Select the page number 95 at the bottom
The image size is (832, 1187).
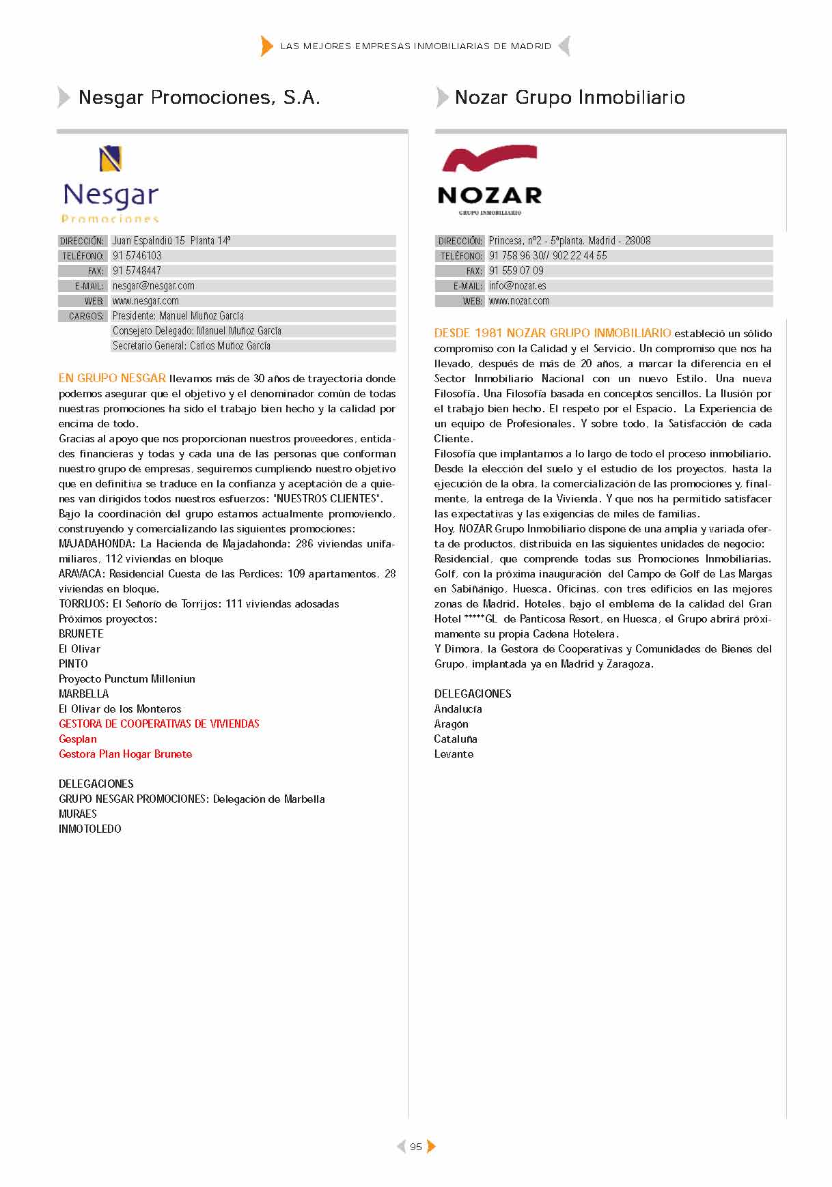(x=416, y=1147)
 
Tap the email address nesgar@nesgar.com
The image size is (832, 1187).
(x=154, y=286)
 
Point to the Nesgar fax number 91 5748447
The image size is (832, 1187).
(x=137, y=271)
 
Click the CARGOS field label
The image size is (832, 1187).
(x=86, y=316)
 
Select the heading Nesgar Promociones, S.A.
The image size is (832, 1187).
(x=199, y=98)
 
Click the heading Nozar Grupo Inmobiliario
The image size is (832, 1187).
(x=570, y=98)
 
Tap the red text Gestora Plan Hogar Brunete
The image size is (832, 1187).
(x=125, y=754)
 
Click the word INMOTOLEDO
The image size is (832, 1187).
(x=89, y=829)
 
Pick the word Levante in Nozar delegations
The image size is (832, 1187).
(x=454, y=754)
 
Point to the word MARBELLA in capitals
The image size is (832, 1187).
(x=83, y=694)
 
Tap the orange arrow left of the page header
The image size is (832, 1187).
(x=266, y=46)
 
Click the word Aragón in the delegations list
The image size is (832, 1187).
(x=451, y=724)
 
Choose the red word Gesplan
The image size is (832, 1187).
(x=78, y=739)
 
